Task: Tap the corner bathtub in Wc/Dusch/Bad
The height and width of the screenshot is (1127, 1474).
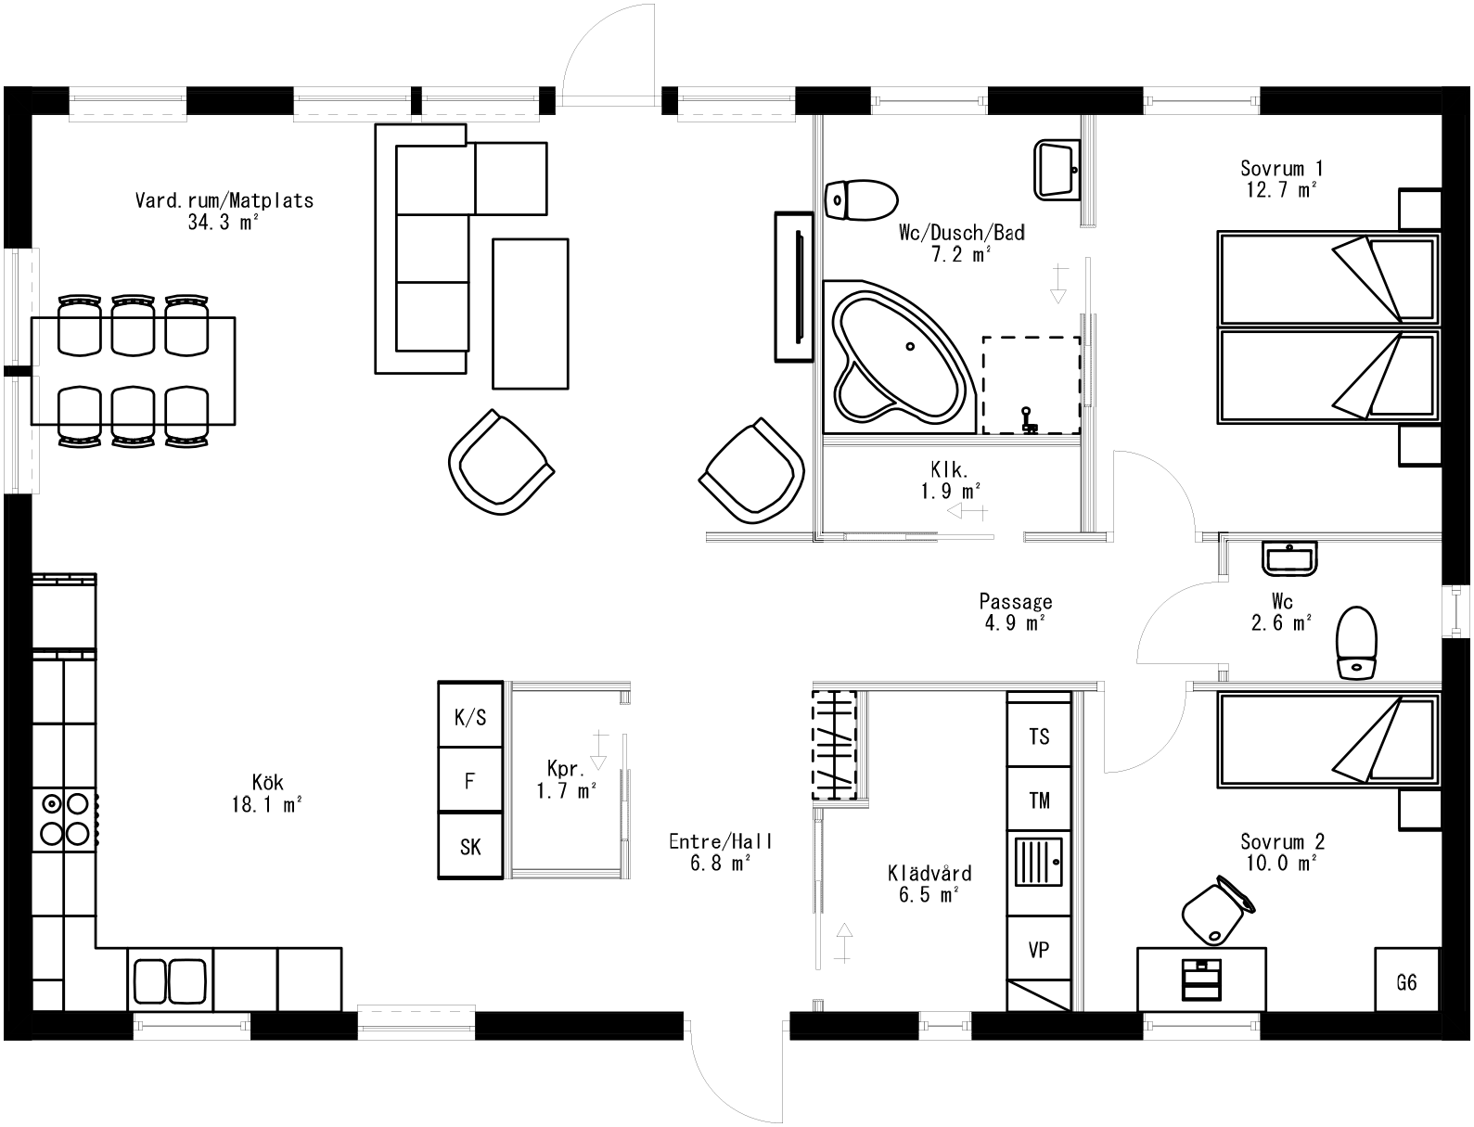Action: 898,359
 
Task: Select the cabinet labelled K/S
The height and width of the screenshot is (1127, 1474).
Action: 470,716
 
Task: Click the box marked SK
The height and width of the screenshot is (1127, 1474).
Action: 470,846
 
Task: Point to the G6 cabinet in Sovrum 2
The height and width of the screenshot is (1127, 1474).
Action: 1406,981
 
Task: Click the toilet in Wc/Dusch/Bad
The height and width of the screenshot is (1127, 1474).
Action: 860,199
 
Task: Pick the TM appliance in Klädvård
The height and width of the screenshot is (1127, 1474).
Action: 1039,799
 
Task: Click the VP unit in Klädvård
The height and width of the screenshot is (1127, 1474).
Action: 1039,950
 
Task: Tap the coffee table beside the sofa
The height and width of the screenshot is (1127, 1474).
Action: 530,313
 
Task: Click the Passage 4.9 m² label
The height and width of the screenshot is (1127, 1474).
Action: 1016,612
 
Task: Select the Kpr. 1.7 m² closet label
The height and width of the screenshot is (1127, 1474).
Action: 566,780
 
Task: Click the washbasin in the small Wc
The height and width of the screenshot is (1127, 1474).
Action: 1288,558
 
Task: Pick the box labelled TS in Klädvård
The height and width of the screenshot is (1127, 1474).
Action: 1039,736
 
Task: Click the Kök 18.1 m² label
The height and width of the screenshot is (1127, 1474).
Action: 267,793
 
